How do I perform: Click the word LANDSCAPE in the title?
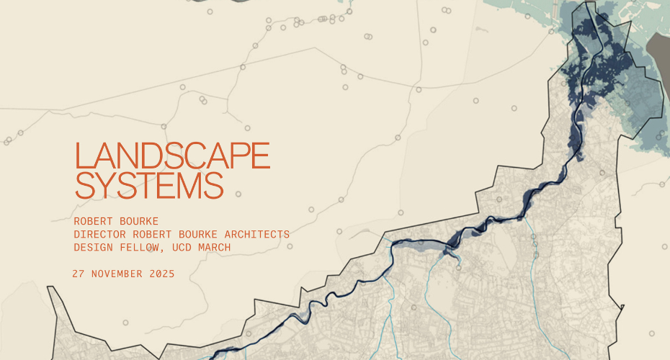(x=172, y=156)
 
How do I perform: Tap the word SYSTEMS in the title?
(x=149, y=185)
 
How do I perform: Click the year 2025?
(x=161, y=274)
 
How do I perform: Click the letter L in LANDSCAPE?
(x=81, y=156)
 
